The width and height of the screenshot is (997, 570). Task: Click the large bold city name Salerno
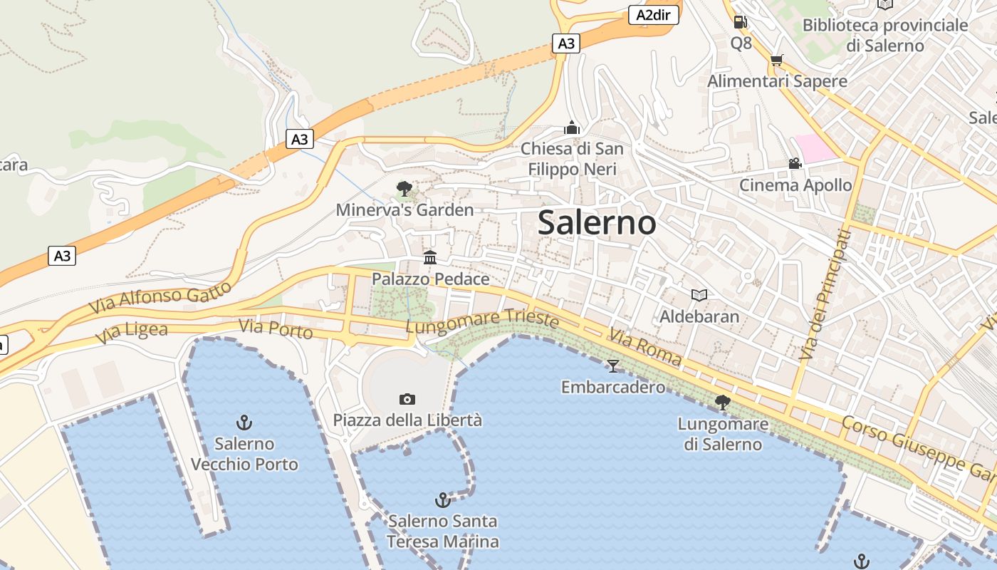(x=597, y=223)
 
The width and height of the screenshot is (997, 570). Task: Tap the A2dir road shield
(x=653, y=15)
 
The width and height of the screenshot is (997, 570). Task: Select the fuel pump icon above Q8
(x=741, y=22)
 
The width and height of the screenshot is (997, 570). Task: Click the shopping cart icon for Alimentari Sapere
(x=776, y=61)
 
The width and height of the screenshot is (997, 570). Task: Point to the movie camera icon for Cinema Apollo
(x=795, y=164)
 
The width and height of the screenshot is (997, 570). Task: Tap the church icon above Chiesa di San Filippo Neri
(x=571, y=128)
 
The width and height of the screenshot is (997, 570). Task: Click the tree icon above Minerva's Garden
(x=404, y=189)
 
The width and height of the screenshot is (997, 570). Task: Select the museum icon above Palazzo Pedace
(x=430, y=257)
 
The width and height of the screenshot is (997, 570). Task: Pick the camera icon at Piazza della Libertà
(x=407, y=399)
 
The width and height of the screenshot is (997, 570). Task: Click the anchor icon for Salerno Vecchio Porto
(x=244, y=423)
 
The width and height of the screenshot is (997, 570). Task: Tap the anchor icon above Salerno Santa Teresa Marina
(x=443, y=500)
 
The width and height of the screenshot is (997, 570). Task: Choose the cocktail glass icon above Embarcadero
(x=612, y=366)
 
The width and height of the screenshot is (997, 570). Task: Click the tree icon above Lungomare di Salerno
(x=722, y=403)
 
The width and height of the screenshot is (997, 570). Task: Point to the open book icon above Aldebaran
(x=699, y=295)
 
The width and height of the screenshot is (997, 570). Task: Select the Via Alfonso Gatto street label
(x=160, y=297)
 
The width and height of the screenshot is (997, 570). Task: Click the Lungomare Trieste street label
(x=482, y=321)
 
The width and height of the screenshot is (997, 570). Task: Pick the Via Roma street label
(x=645, y=347)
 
